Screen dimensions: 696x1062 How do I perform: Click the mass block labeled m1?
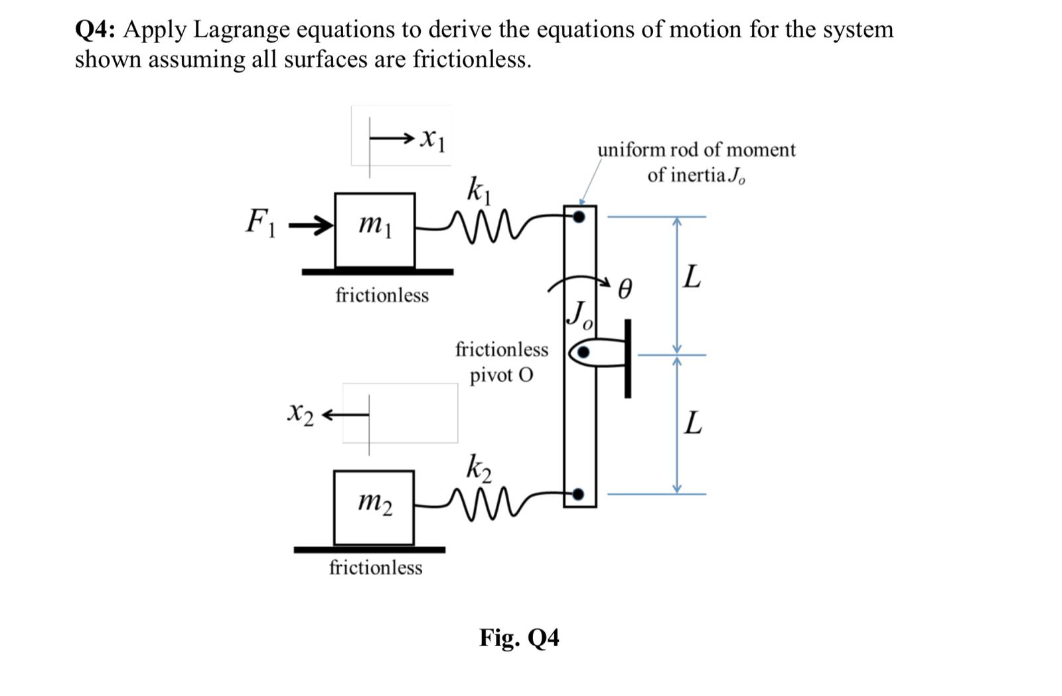coord(375,229)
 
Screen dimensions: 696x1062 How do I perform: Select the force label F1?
coord(258,221)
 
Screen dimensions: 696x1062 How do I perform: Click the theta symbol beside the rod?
coord(625,290)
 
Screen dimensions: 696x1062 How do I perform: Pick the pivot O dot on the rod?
coord(582,353)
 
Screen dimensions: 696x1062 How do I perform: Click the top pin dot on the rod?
coord(579,217)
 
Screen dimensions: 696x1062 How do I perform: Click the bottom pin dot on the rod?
coord(579,494)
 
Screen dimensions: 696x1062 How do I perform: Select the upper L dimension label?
coord(692,277)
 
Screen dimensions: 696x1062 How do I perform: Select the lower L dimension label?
coord(692,422)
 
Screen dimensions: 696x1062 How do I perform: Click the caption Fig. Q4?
coord(519,638)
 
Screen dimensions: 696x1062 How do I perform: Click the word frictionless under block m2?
coord(376,568)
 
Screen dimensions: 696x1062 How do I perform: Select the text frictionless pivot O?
coord(502,362)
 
